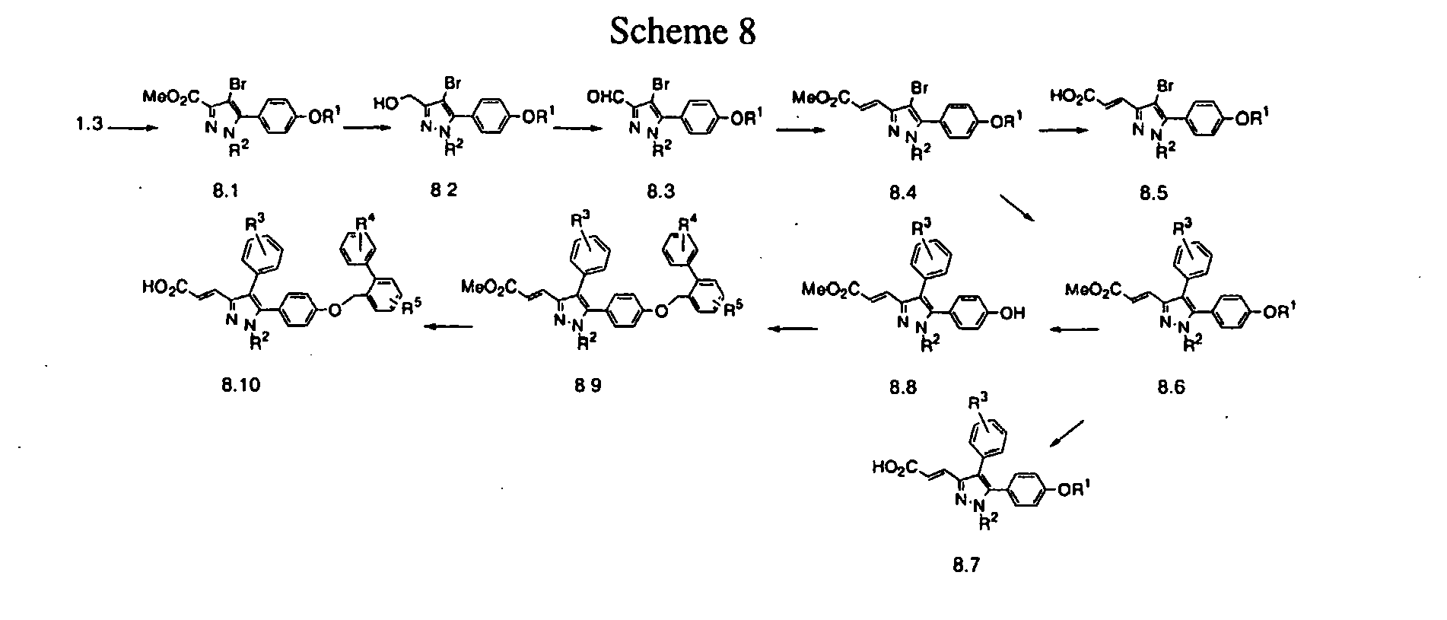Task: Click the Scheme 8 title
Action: [682, 33]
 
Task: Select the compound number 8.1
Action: [225, 192]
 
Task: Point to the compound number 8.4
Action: [902, 192]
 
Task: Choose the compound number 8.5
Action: [1154, 192]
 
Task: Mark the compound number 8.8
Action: [903, 386]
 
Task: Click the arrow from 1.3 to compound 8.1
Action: [133, 129]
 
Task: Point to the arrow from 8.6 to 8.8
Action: [1074, 329]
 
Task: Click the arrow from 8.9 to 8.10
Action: [447, 327]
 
